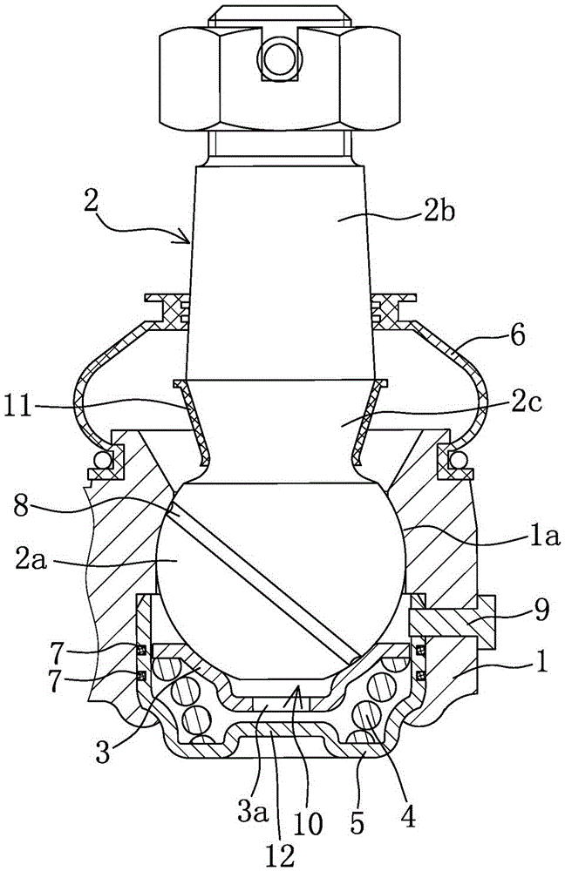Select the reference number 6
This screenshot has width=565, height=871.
517,335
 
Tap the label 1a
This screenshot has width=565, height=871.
544,537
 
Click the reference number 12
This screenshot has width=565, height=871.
281,856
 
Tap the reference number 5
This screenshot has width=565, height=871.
357,824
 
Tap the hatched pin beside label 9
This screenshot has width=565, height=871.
452,620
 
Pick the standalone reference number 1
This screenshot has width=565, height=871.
539,662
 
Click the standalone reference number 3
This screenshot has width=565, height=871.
105,739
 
